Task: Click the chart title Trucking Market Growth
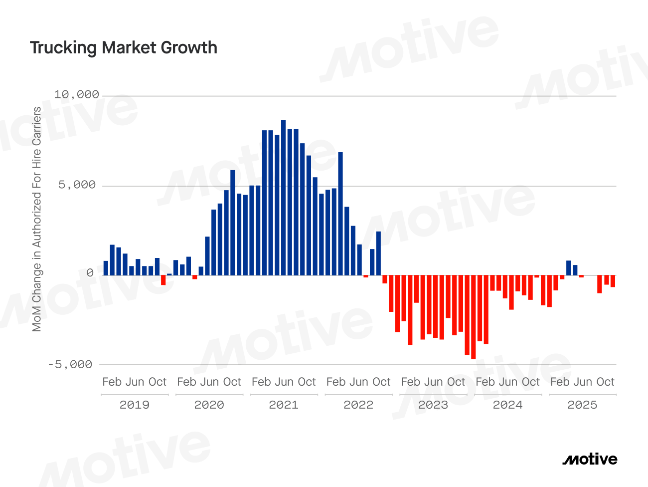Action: (124, 48)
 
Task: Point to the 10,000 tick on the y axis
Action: (77, 95)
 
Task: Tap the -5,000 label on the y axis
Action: (70, 365)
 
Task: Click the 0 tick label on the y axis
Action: (90, 273)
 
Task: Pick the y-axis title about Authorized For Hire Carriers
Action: (37, 220)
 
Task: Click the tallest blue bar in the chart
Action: (283, 198)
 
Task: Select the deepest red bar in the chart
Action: (474, 317)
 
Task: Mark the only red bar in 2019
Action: (163, 280)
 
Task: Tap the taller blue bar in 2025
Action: (568, 268)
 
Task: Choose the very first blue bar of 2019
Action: (106, 268)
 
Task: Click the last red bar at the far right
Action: (613, 281)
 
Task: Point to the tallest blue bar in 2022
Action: (340, 214)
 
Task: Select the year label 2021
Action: (284, 405)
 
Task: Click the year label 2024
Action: (507, 405)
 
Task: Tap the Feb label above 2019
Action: (112, 382)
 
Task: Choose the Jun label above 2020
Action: (209, 382)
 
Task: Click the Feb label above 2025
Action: (560, 382)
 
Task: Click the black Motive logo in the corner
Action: (590, 460)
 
